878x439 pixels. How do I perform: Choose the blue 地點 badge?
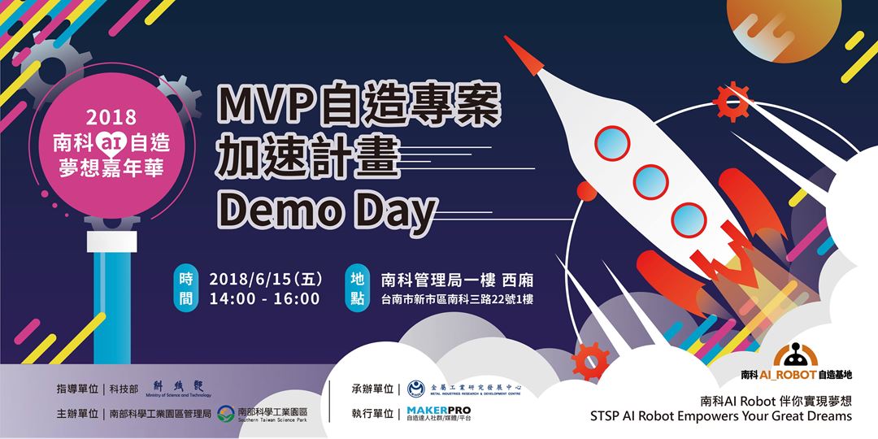(x=355, y=289)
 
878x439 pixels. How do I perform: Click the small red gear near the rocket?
(x=733, y=103)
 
